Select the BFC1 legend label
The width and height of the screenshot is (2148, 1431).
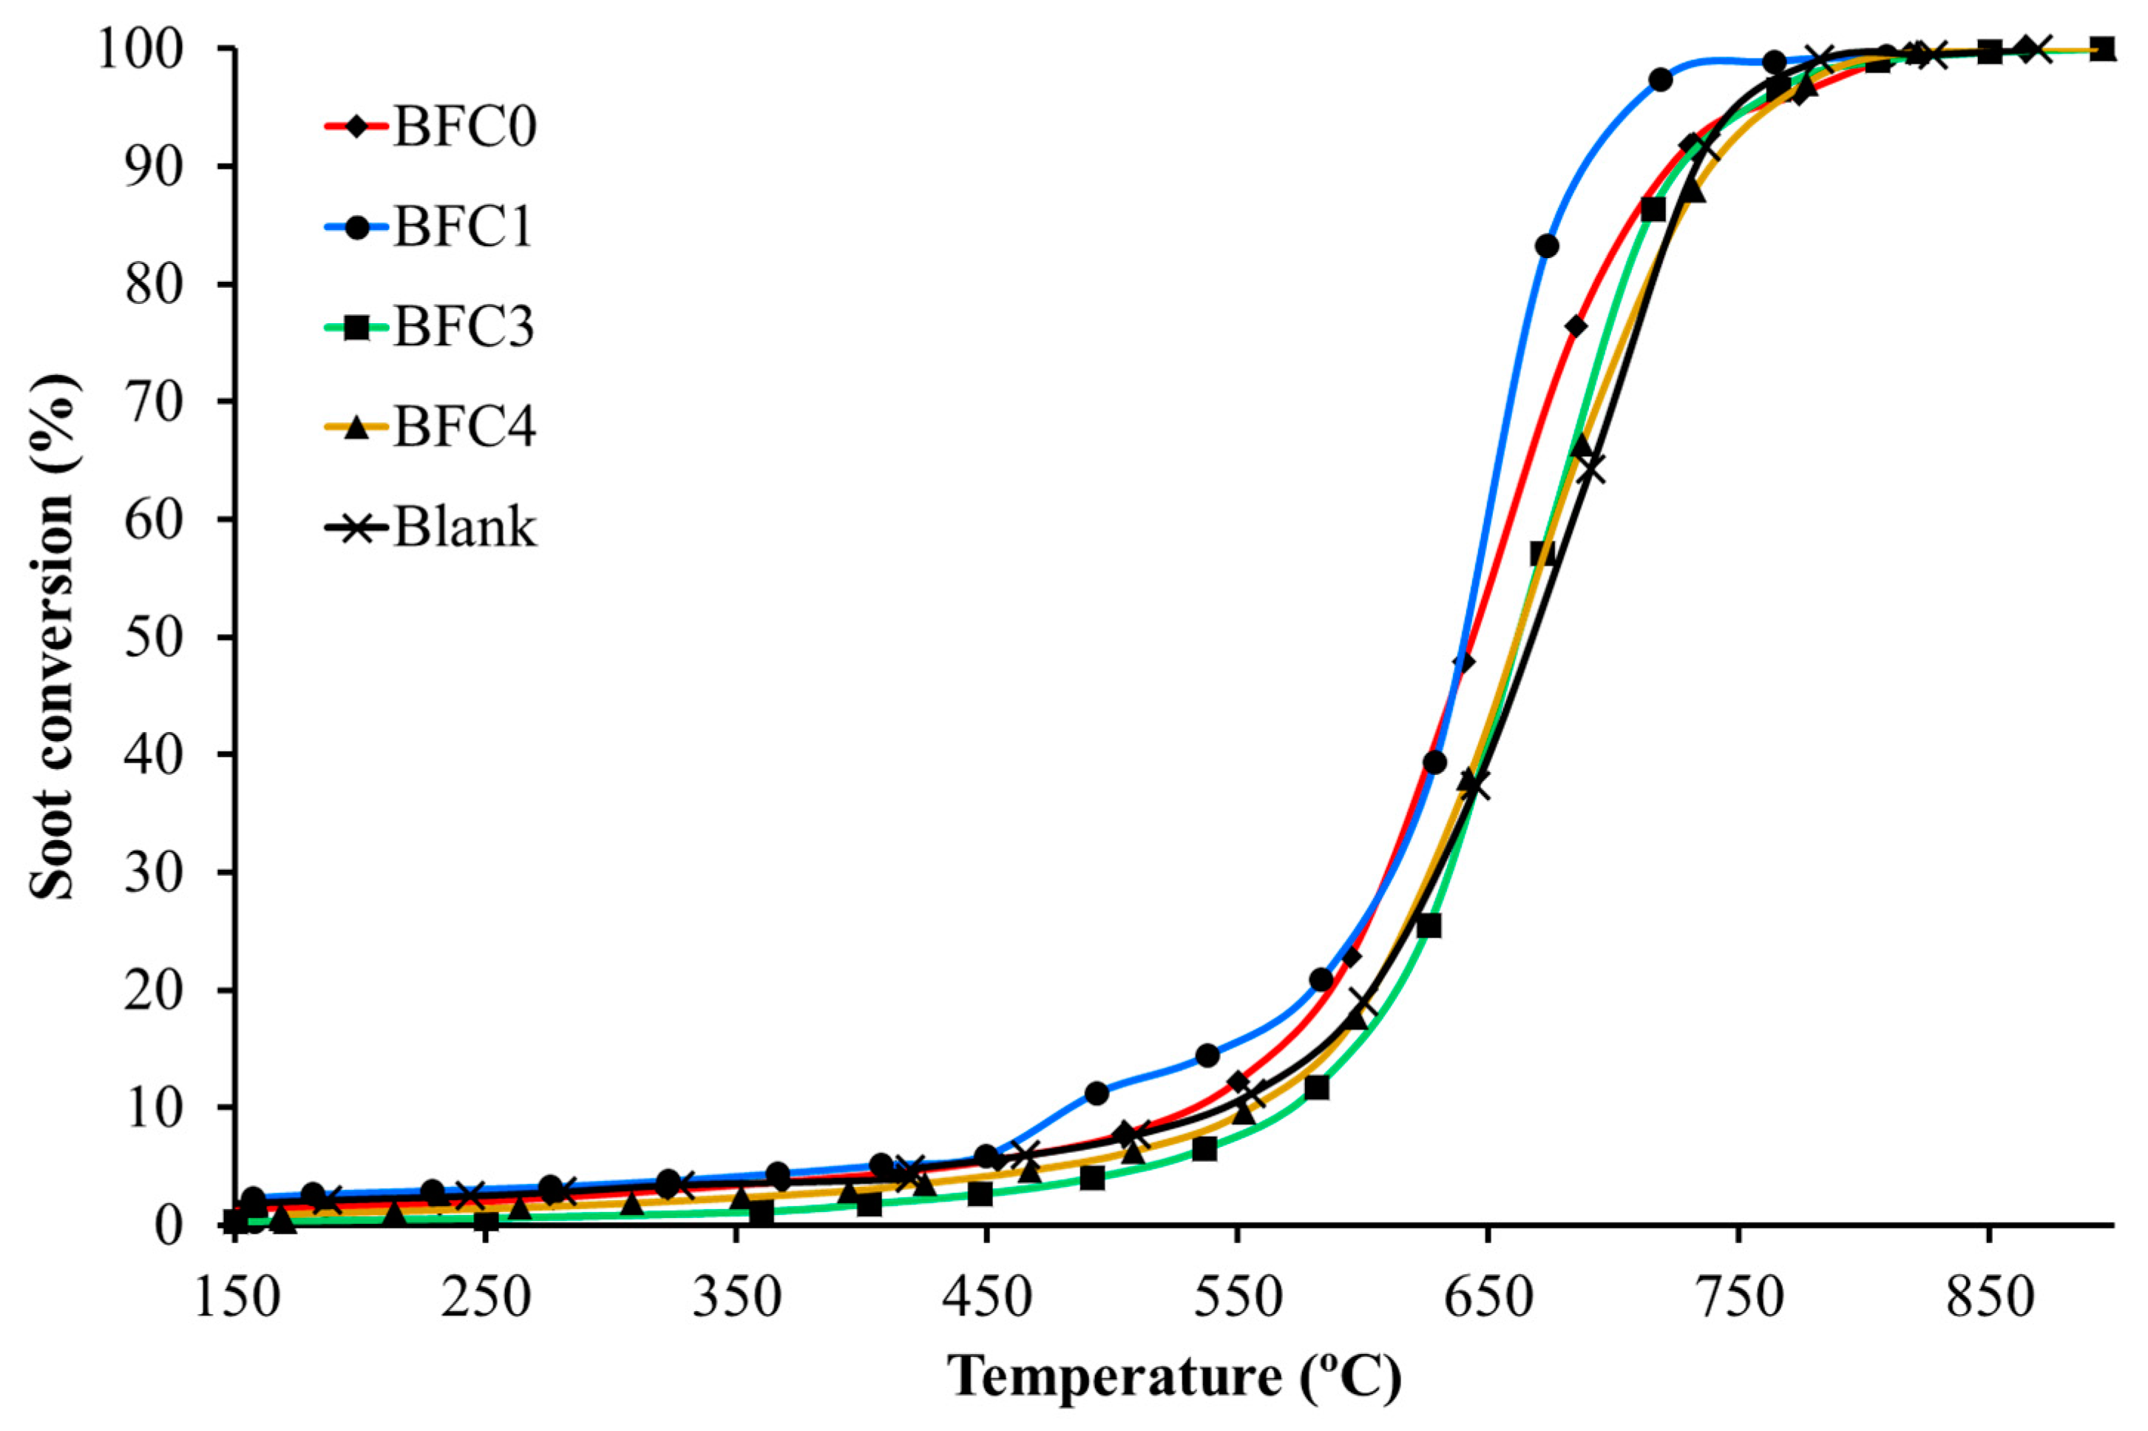click(464, 226)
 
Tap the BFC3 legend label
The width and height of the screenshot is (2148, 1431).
click(464, 327)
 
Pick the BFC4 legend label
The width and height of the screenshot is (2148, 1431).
click(464, 426)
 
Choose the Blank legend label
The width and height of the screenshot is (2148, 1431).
click(465, 527)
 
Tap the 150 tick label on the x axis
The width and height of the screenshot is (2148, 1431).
click(237, 1298)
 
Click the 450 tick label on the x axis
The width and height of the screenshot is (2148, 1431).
click(986, 1298)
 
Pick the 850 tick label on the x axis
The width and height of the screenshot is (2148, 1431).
click(1988, 1298)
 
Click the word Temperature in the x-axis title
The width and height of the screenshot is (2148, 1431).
click(1114, 1376)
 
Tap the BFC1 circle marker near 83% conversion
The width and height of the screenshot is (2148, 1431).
click(1547, 246)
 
